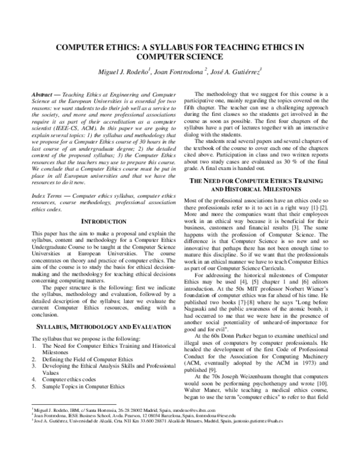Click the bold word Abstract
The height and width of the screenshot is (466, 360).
41,95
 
